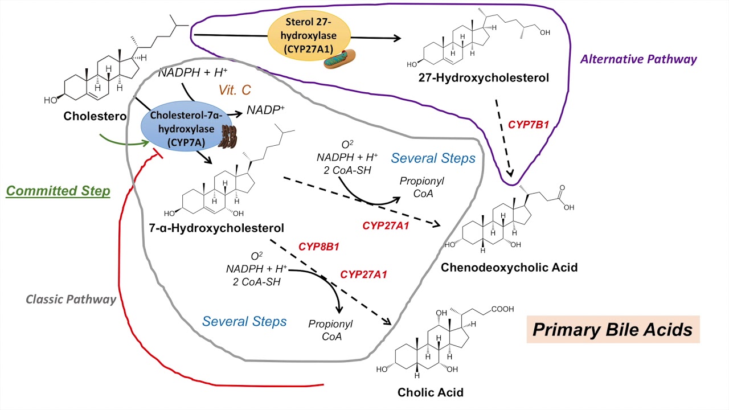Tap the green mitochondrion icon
click(340, 59)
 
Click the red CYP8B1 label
click(319, 247)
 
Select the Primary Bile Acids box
click(612, 329)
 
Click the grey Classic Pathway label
click(71, 298)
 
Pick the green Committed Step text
click(58, 191)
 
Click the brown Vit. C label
click(235, 90)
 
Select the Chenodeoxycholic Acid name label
click(509, 266)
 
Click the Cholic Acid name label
click(430, 392)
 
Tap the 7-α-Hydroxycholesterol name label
click(216, 228)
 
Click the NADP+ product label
click(265, 110)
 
